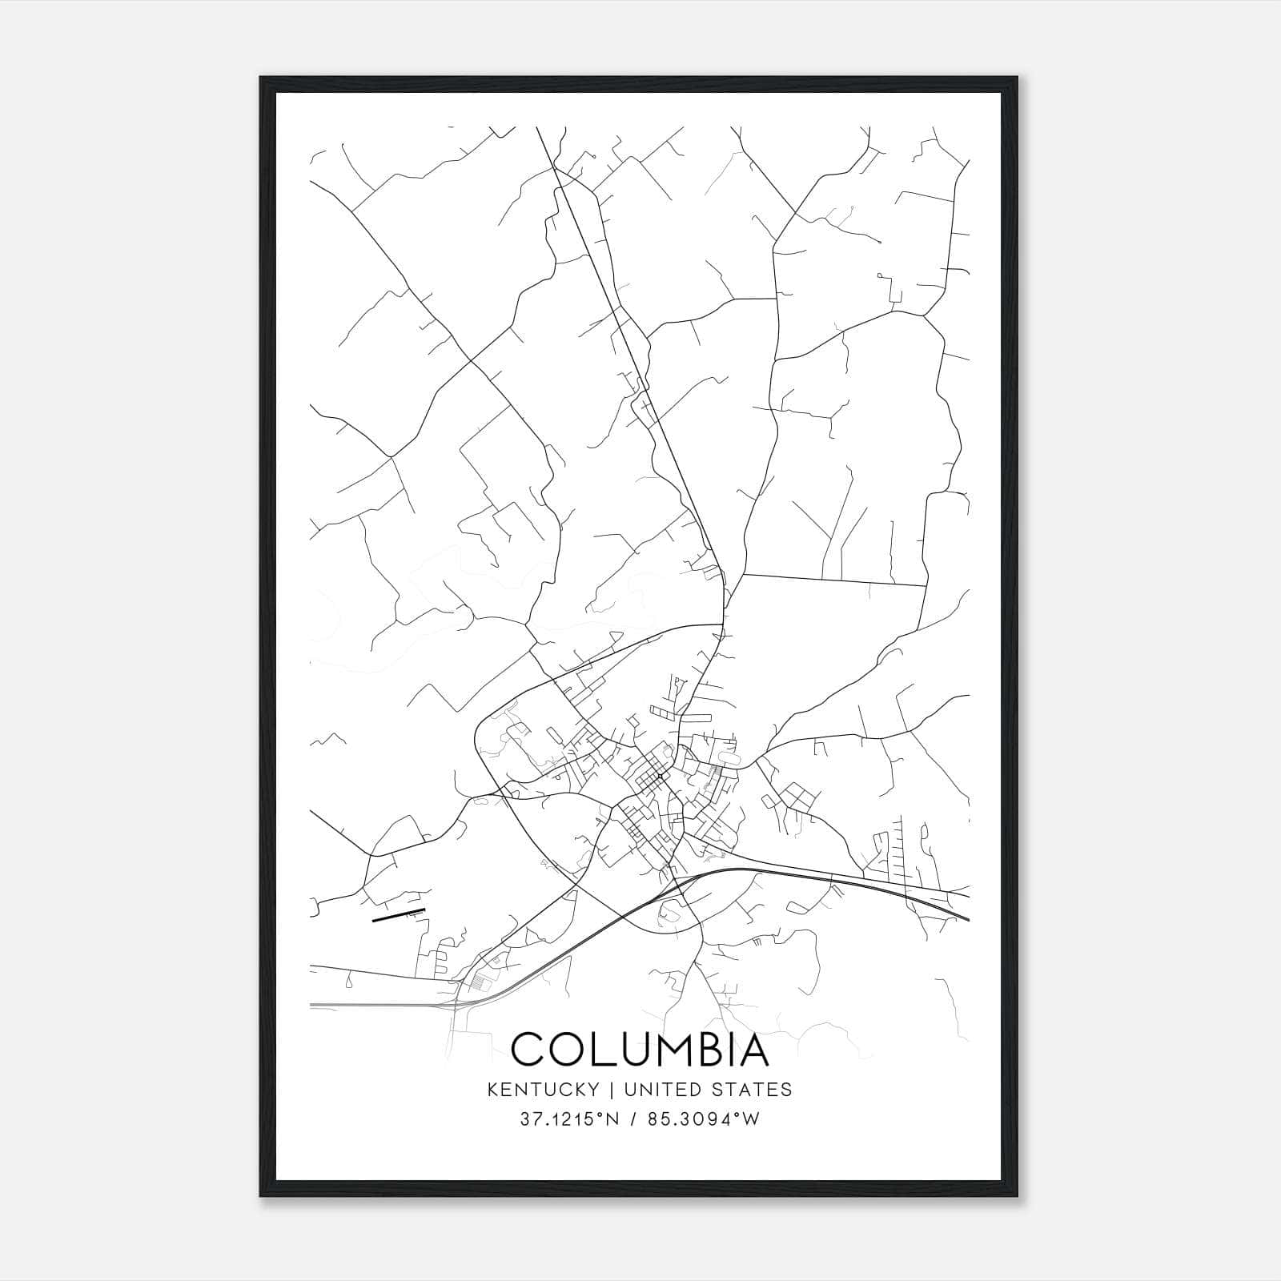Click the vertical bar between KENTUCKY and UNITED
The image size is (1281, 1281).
(609, 1090)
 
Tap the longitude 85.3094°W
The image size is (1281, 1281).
(705, 1118)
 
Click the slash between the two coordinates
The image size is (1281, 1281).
(635, 1118)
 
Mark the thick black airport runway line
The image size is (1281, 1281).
(399, 915)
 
